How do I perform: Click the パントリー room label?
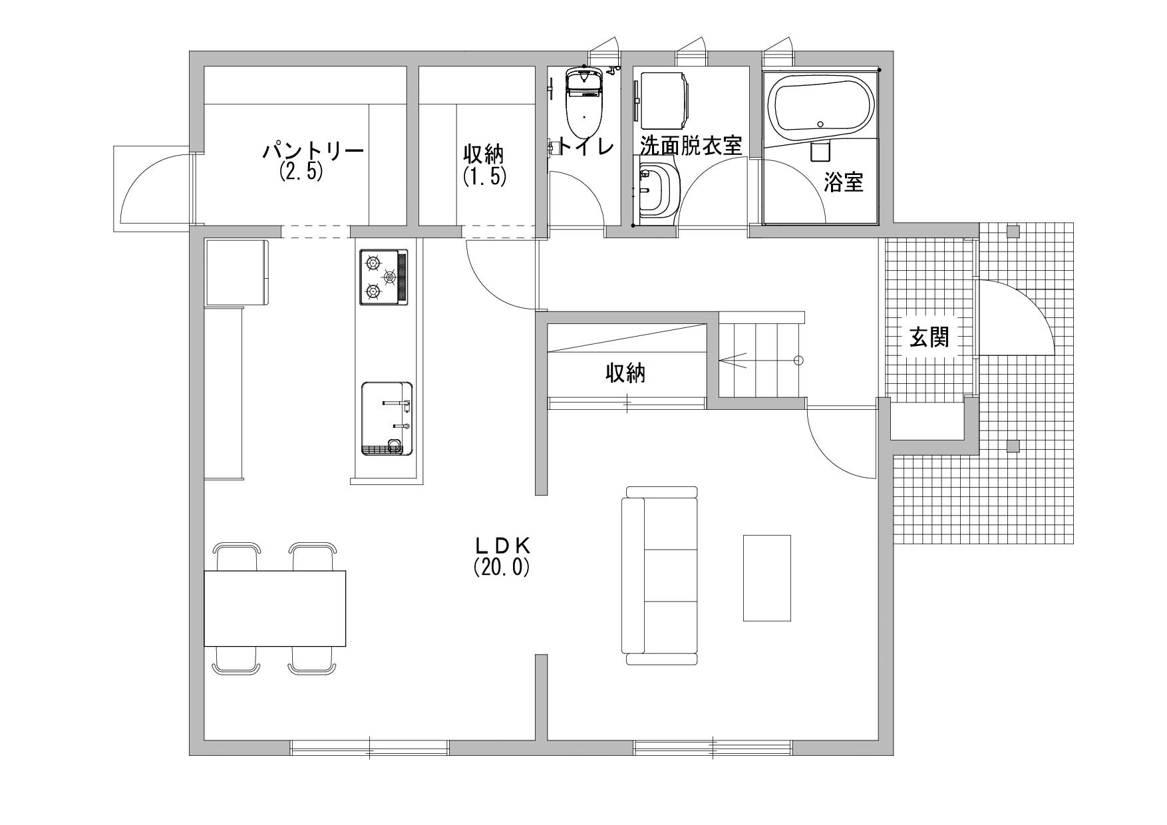pyautogui.click(x=313, y=151)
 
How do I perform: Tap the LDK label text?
pyautogui.click(x=502, y=546)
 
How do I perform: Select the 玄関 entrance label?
pyautogui.click(x=929, y=339)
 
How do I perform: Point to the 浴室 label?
pyautogui.click(x=844, y=182)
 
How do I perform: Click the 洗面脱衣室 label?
pyautogui.click(x=691, y=145)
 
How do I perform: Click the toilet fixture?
pyautogui.click(x=583, y=100)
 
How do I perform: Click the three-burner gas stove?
pyautogui.click(x=384, y=277)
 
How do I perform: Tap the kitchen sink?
pyautogui.click(x=386, y=418)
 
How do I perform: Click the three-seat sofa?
pyautogui.click(x=660, y=576)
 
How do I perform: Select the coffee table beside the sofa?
pyautogui.click(x=767, y=577)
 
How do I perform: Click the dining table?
pyautogui.click(x=275, y=608)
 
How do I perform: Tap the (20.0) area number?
pyautogui.click(x=502, y=567)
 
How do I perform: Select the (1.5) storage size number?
pyautogui.click(x=484, y=176)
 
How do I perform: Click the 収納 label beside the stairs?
pyautogui.click(x=625, y=373)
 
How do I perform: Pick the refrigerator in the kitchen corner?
pyautogui.click(x=237, y=272)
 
